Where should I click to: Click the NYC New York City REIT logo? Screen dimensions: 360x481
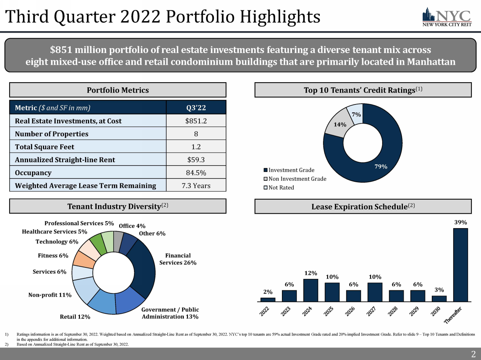447,17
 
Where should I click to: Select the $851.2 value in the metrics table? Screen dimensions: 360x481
196,121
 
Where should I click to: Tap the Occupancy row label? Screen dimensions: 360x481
33,173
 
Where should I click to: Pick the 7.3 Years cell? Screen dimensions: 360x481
196,186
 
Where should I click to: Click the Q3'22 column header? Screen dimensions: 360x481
196,108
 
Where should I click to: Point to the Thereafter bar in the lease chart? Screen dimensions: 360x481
460,265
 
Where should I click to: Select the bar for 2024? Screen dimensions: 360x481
310,290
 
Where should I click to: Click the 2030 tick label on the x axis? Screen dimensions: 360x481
435,311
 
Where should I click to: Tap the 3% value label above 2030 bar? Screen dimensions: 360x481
439,290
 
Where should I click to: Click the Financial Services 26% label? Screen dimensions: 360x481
178,259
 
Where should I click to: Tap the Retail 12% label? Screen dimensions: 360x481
75,317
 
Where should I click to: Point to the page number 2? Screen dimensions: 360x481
473,354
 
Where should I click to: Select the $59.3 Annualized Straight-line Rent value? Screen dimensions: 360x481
196,160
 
